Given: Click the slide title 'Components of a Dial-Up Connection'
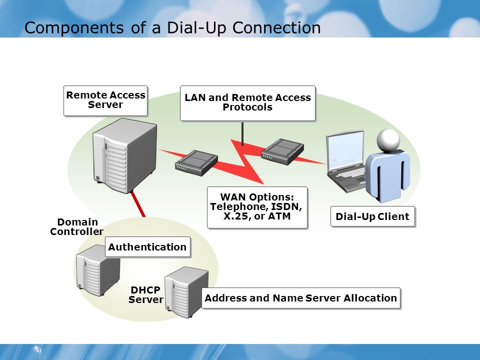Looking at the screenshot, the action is pyautogui.click(x=172, y=27).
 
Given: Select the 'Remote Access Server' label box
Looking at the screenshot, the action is pyautogui.click(x=105, y=100).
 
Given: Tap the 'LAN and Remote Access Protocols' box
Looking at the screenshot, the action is pyautogui.click(x=247, y=103).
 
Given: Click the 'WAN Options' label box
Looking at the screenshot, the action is pyautogui.click(x=257, y=207).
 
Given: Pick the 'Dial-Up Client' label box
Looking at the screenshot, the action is pyautogui.click(x=372, y=216).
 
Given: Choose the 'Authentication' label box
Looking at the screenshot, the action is pyautogui.click(x=147, y=246).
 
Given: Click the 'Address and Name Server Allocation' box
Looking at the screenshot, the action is pyautogui.click(x=301, y=298).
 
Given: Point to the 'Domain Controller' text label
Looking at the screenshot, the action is pyautogui.click(x=77, y=227).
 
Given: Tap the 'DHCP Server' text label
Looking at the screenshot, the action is pyautogui.click(x=145, y=294).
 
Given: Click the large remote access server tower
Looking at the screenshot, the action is pyautogui.click(x=125, y=155).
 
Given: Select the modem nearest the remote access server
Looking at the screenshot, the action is pyautogui.click(x=196, y=162).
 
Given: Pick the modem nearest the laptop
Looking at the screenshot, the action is pyautogui.click(x=282, y=151).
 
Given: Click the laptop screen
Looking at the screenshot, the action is pyautogui.click(x=345, y=150).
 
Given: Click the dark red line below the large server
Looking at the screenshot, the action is pyautogui.click(x=138, y=204).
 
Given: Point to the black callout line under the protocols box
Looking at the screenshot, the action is pyautogui.click(x=242, y=134).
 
